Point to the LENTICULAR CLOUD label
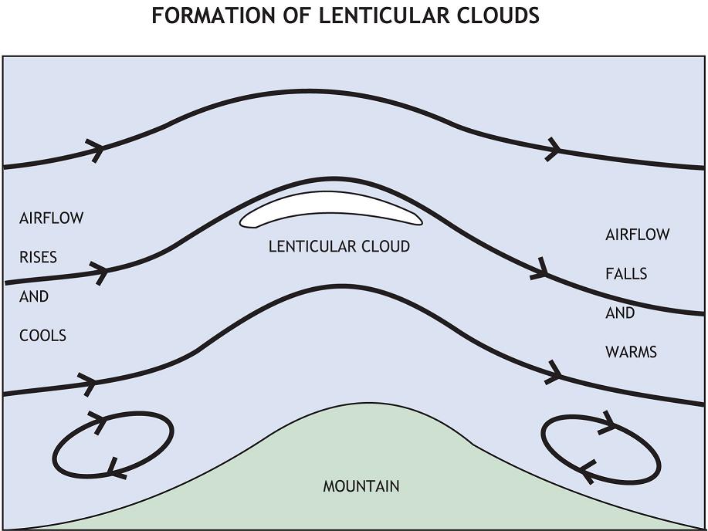(x=339, y=246)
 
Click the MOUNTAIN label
(x=361, y=486)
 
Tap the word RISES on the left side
(x=38, y=257)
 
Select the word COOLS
(x=42, y=336)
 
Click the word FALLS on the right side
(x=626, y=273)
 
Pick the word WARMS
(x=631, y=352)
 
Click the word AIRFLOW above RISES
(x=51, y=218)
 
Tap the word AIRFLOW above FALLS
(x=637, y=234)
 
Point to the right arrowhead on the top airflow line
(x=553, y=148)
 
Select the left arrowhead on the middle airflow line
(x=100, y=272)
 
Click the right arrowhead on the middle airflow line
(x=540, y=271)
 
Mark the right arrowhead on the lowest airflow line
(x=554, y=372)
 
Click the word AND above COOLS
(x=34, y=296)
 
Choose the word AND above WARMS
(x=620, y=313)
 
